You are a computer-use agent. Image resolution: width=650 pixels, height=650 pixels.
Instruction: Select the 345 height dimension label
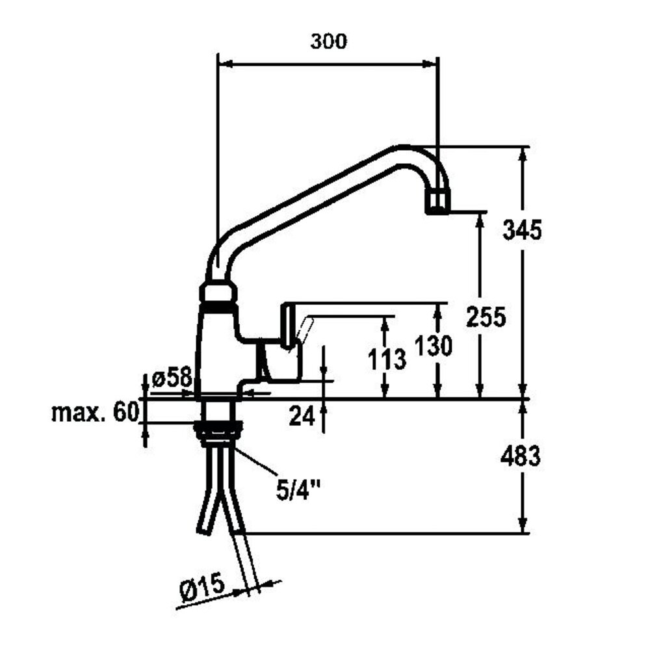522,229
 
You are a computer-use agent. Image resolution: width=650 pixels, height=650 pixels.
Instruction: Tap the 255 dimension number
486,317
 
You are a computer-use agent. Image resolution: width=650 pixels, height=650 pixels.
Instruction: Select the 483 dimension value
520,456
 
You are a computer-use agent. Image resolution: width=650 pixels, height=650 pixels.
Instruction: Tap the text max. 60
96,413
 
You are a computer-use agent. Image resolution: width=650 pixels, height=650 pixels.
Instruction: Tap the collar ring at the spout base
217,292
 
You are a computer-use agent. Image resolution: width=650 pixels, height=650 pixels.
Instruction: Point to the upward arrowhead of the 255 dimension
480,218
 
